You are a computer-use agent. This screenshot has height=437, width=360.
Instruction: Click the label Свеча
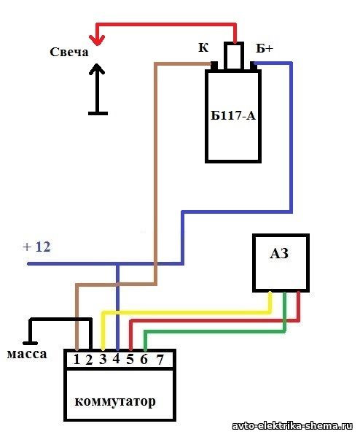coord(69,52)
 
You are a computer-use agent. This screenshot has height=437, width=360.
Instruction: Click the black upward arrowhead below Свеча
coord(97,69)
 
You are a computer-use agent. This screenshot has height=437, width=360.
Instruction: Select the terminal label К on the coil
coord(203,47)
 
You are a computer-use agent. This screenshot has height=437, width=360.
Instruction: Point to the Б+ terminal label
coord(265,48)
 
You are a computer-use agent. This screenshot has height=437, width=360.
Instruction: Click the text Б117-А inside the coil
coord(233,115)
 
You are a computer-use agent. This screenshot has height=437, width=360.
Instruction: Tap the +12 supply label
coord(37,247)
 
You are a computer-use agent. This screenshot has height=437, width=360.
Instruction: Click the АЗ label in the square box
coord(279,253)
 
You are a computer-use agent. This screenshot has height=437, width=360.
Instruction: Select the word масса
coord(27,354)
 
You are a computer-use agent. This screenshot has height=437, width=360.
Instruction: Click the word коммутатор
coord(115,401)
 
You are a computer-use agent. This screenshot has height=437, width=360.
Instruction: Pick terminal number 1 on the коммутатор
coord(77,360)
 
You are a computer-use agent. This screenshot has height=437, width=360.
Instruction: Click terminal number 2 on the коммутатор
coord(89,360)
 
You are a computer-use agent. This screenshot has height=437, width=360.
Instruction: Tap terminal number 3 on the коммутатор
coord(103,359)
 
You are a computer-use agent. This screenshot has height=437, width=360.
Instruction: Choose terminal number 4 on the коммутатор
coord(117,359)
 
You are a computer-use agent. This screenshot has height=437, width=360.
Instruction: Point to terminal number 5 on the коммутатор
coord(130,359)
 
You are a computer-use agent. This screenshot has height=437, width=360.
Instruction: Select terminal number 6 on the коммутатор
coord(144,359)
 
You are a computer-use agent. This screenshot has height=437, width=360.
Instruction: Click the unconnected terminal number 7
coord(160,360)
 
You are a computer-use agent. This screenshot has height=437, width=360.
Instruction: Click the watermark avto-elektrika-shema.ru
coord(292,426)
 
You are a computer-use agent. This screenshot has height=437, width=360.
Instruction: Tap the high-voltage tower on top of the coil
coord(234,55)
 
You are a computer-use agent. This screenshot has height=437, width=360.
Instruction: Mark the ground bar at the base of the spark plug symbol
coord(98,113)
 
